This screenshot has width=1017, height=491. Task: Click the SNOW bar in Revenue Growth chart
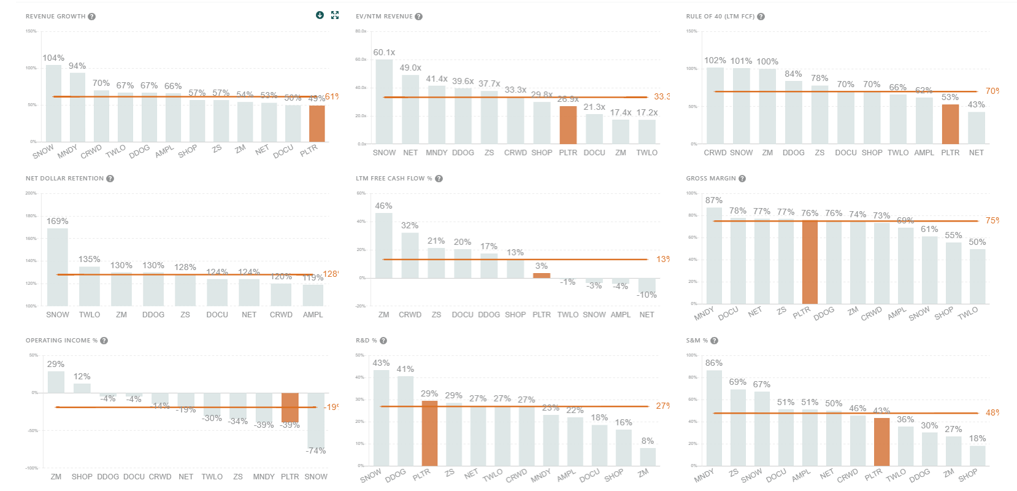pyautogui.click(x=54, y=104)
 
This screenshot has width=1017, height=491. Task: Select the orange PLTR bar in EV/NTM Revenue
pyautogui.click(x=568, y=125)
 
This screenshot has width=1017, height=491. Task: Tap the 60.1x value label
pyautogui.click(x=384, y=52)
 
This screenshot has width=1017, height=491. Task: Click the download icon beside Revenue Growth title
pyautogui.click(x=320, y=15)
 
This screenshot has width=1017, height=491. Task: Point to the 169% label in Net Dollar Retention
pyautogui.click(x=58, y=221)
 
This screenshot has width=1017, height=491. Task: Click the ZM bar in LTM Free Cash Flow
pyautogui.click(x=384, y=245)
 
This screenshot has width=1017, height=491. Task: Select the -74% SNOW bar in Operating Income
pyautogui.click(x=316, y=420)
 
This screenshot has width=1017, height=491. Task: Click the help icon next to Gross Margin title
pyautogui.click(x=742, y=179)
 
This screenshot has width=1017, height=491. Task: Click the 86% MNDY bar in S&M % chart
pyautogui.click(x=714, y=417)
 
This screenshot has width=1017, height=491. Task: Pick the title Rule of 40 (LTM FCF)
pyautogui.click(x=720, y=17)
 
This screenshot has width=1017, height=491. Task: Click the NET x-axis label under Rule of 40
pyautogui.click(x=977, y=153)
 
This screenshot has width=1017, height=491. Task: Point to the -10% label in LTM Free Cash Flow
pyautogui.click(x=647, y=295)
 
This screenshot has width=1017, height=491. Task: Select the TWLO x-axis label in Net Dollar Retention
pyautogui.click(x=90, y=315)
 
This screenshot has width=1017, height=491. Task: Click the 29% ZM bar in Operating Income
pyautogui.click(x=56, y=382)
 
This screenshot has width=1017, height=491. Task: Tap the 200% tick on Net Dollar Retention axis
pyautogui.click(x=31, y=193)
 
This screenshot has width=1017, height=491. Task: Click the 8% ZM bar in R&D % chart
pyautogui.click(x=648, y=457)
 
